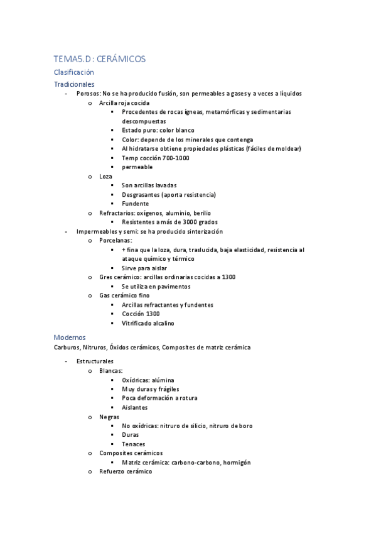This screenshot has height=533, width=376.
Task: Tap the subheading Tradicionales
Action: (74, 84)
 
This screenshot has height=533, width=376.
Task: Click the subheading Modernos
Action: (70, 337)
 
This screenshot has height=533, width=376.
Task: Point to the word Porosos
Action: (87, 94)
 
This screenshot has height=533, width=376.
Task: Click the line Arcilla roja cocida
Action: (124, 102)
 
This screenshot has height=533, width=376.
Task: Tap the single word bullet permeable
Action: (137, 167)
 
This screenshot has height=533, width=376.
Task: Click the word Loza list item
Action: (106, 177)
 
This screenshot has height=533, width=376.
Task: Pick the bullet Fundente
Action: (136, 204)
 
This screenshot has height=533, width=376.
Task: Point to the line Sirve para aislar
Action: (144, 268)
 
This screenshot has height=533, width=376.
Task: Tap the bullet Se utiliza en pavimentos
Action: (156, 286)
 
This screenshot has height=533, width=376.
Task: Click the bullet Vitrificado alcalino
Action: (148, 323)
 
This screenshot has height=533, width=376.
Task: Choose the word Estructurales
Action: (95, 361)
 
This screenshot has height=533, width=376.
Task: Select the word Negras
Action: (109, 417)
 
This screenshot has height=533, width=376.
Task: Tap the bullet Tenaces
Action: (134, 444)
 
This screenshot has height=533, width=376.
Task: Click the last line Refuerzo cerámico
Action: (126, 471)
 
